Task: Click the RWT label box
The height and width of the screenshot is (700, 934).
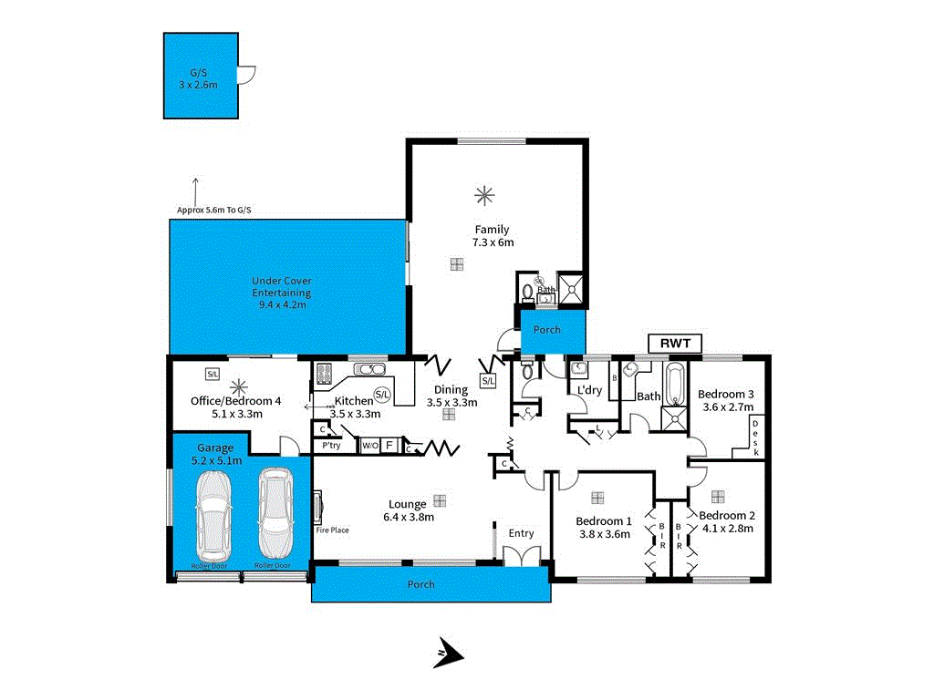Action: click(675, 344)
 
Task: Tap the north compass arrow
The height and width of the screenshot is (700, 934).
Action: click(449, 654)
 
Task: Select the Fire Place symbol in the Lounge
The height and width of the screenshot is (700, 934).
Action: click(318, 506)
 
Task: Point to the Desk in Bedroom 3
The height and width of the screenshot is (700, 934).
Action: click(756, 437)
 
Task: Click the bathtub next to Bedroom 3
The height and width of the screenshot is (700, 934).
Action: click(674, 385)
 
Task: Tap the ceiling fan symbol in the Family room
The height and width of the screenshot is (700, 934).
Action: click(483, 193)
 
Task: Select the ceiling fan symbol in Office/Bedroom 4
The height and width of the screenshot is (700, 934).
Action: click(239, 386)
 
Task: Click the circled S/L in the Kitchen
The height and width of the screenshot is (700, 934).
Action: click(381, 395)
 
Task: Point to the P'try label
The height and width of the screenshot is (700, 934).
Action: click(331, 446)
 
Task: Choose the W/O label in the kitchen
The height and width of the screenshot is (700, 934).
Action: click(369, 446)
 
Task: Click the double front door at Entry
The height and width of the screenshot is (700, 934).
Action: click(522, 556)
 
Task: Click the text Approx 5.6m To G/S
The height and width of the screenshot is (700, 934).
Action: click(213, 211)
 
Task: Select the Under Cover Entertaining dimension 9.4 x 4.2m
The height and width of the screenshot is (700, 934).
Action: click(282, 304)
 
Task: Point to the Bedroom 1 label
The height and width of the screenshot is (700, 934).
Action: click(603, 521)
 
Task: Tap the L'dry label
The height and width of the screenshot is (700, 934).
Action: click(588, 390)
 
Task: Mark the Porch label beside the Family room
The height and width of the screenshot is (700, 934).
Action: click(546, 330)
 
